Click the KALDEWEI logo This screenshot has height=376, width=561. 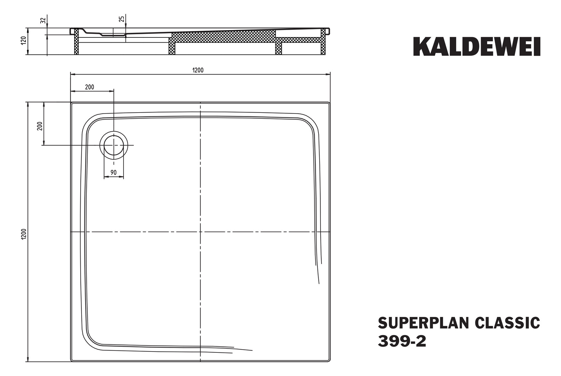click(477, 47)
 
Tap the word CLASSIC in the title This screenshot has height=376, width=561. click(507, 323)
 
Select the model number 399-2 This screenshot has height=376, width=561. click(402, 341)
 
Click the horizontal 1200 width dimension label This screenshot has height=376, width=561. click(198, 70)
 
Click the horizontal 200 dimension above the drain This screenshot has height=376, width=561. click(89, 87)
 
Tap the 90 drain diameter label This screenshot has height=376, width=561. click(113, 173)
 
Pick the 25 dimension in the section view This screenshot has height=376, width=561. click(122, 19)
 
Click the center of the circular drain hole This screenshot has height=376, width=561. click(113, 145)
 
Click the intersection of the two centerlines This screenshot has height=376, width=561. click(200, 232)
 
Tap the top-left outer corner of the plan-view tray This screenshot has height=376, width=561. click(71, 103)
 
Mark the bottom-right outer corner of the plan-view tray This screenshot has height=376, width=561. click(330, 361)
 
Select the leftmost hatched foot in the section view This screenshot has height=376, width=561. click(76, 42)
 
